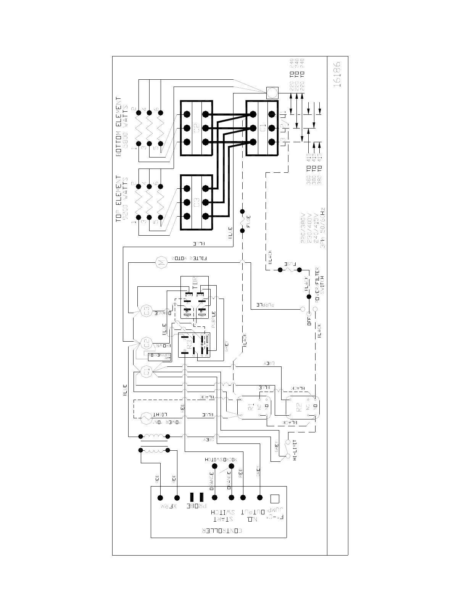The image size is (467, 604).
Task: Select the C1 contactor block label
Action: coord(262,129)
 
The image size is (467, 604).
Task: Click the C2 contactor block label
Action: coord(196,128)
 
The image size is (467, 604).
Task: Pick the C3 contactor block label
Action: coord(196,202)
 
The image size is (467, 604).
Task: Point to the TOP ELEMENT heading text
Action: coord(119,199)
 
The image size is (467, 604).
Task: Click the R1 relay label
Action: coord(251,406)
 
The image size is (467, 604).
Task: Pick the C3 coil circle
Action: coord(147,311)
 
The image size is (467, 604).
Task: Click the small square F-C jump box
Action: coord(274,499)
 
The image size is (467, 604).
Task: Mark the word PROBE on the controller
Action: coord(196,506)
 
